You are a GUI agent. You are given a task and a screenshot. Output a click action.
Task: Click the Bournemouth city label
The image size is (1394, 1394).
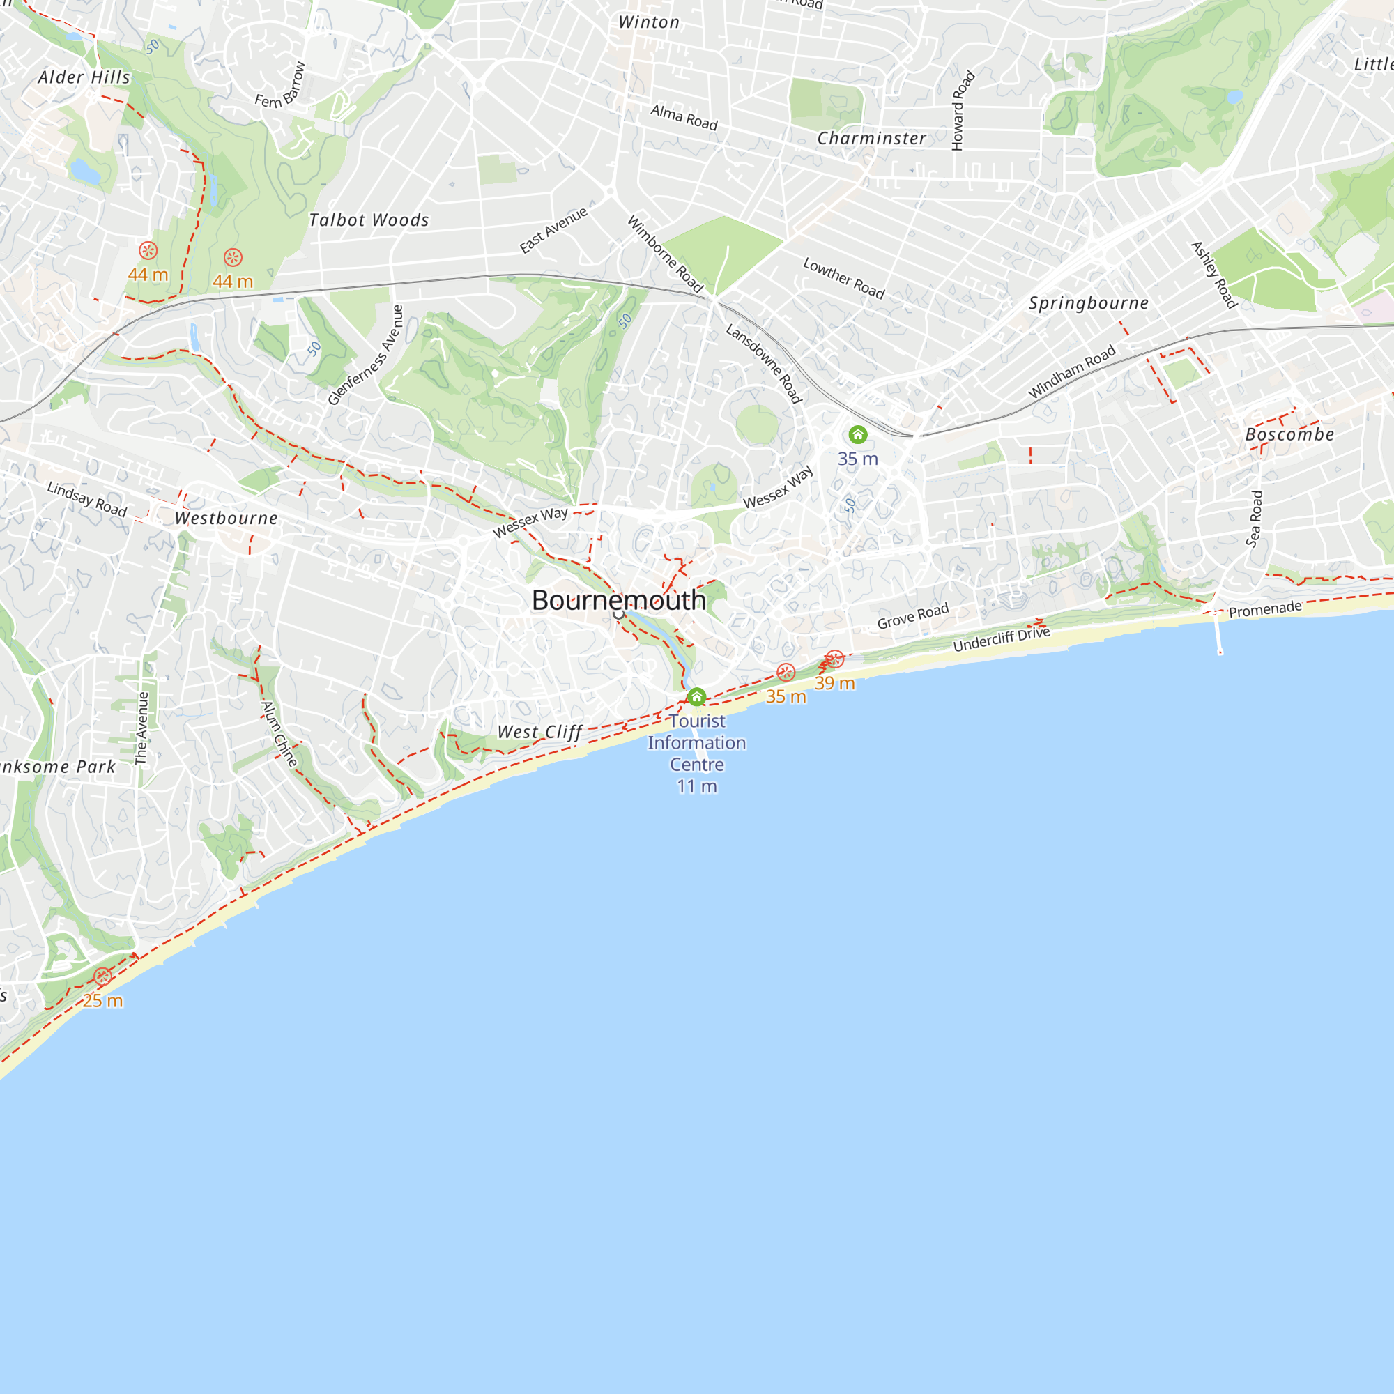coord(618,600)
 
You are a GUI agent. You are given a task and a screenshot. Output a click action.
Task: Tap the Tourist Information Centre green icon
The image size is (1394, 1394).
coord(696,697)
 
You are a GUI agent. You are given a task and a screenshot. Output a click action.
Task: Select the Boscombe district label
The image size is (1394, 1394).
coord(1289,434)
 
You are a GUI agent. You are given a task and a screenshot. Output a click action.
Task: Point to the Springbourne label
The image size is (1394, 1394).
coord(1088,303)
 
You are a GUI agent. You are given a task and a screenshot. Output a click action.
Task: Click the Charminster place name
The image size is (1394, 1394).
coord(871,139)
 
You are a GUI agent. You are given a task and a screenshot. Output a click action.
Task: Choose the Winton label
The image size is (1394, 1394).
coord(649,22)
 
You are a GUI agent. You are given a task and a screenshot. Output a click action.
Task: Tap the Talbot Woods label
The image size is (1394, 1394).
coord(369,220)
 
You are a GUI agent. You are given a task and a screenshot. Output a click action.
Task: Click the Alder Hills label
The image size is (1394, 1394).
coord(84,77)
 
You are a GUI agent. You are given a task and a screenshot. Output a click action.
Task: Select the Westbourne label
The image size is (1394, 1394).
coord(226,518)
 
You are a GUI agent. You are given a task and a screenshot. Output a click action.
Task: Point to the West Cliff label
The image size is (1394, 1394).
coord(539,732)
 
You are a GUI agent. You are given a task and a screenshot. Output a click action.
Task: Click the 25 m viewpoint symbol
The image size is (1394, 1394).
coord(102,976)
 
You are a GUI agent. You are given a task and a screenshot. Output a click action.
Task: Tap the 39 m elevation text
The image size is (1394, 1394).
coord(834,682)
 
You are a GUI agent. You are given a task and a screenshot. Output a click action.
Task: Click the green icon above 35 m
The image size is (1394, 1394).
coord(857,434)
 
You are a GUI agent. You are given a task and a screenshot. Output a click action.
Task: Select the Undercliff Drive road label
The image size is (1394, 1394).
coord(1001,639)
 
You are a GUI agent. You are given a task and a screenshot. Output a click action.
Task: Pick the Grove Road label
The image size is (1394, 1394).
coord(913,616)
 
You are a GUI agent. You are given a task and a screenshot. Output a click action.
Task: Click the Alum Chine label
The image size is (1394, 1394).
coord(279,734)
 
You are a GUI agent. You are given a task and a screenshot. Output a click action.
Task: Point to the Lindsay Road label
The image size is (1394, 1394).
coord(86,499)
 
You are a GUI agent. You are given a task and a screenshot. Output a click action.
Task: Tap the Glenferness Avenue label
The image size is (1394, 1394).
coord(365,355)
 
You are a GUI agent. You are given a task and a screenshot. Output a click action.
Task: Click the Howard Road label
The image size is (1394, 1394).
coord(963,110)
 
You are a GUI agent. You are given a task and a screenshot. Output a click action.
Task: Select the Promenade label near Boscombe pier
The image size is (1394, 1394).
coord(1265,609)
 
